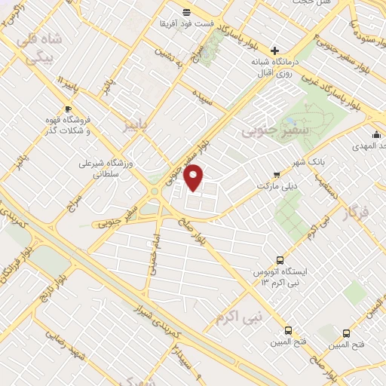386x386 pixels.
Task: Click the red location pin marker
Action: pos(195,177)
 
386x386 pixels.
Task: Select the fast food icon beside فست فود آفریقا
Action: pos(186,11)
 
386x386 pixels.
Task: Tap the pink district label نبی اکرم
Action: pos(237,317)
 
